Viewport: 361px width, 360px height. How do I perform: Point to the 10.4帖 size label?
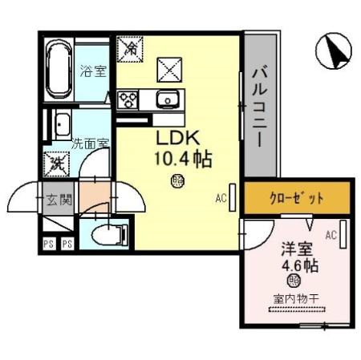(x=182, y=158)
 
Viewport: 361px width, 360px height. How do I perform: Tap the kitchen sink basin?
(x=169, y=99)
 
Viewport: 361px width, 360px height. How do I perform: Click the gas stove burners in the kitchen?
(x=128, y=99)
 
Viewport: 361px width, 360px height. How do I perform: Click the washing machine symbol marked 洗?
(x=58, y=164)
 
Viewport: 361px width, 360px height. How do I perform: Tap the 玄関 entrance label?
(x=59, y=199)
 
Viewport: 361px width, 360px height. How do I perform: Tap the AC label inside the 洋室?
(x=330, y=235)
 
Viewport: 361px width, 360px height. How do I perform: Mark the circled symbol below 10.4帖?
(x=177, y=181)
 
